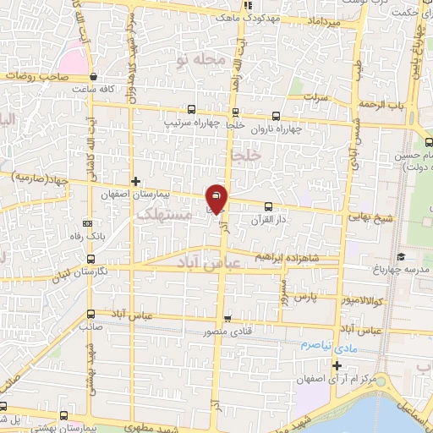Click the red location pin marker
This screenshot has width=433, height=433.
(x=216, y=198)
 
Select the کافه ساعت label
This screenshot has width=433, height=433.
(x=93, y=88)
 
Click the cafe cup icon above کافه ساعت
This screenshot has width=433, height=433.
(x=94, y=75)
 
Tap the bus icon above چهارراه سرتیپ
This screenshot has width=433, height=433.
(x=191, y=109)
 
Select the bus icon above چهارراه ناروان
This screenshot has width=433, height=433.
(x=276, y=118)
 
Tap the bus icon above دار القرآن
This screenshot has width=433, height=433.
(x=269, y=206)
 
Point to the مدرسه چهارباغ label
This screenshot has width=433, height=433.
(x=401, y=270)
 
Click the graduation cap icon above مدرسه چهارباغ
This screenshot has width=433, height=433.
(x=401, y=257)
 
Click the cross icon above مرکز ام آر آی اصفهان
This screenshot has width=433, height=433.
(x=337, y=365)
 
